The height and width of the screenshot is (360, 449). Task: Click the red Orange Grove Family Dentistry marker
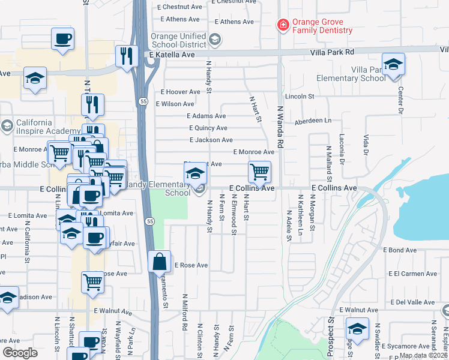tap(282, 25)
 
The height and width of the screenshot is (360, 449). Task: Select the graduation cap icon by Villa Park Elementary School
tap(393, 65)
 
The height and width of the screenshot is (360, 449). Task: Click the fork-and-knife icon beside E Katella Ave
tap(126, 56)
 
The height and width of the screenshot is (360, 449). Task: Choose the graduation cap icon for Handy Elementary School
tap(195, 174)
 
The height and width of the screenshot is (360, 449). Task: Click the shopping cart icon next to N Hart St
tap(259, 172)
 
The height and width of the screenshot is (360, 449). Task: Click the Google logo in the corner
tap(20, 353)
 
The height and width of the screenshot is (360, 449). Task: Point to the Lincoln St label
tap(300, 96)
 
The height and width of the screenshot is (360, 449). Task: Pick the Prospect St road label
tap(330, 335)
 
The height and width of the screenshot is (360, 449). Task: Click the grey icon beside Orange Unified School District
tap(216, 40)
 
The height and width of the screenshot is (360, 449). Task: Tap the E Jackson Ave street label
tap(211, 140)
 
